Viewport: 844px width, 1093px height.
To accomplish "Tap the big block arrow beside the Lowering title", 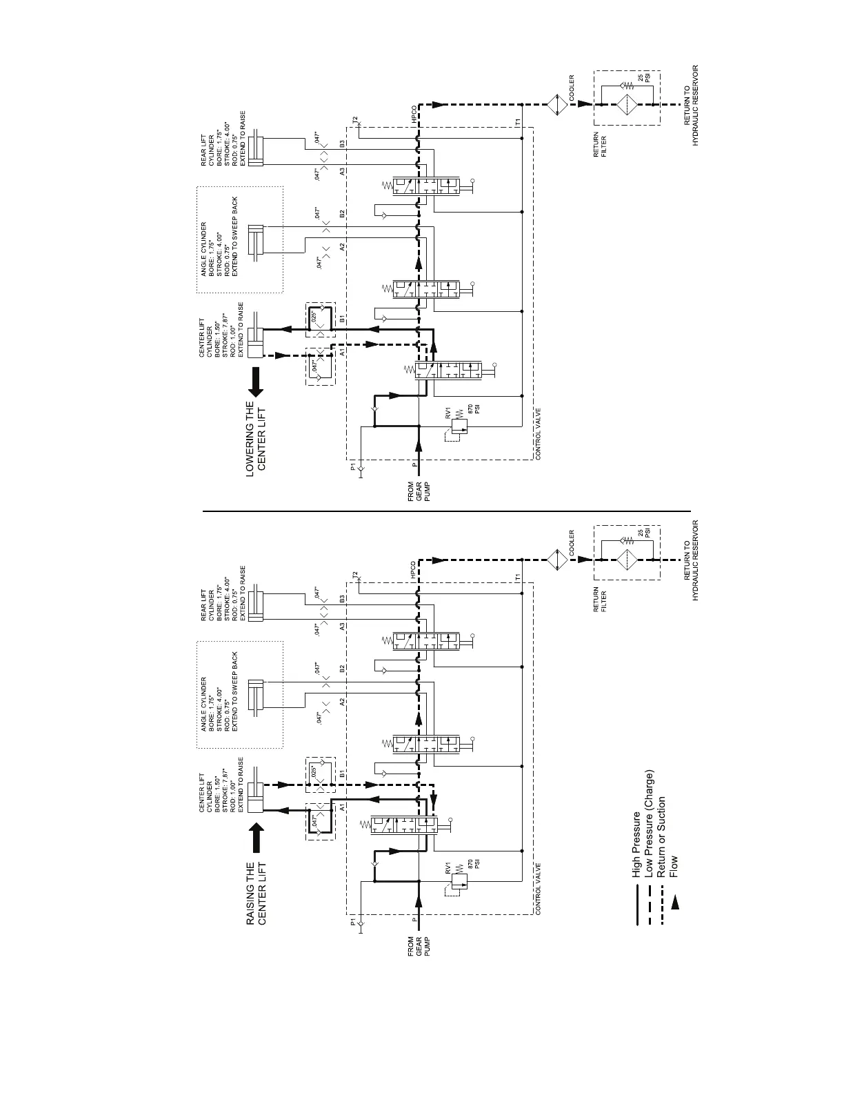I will pos(256,382).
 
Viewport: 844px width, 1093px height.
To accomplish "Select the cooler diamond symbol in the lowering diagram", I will pos(556,104).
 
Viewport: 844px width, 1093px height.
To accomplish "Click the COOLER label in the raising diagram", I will pos(572,543).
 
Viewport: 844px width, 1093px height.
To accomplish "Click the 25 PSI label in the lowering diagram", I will pos(643,78).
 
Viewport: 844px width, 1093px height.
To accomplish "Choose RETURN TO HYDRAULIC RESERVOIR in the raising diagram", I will pos(692,560).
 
